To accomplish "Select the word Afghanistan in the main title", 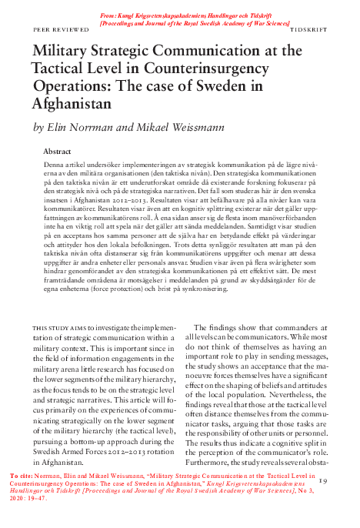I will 72,102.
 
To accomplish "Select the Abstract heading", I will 58,152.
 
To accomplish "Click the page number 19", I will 322,481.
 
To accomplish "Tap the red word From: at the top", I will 109,16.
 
